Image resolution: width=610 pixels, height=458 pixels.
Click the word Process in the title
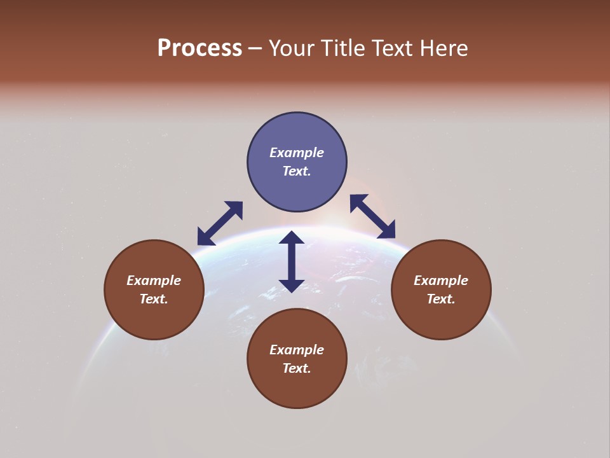tap(200, 48)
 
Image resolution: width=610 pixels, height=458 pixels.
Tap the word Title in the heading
tap(344, 48)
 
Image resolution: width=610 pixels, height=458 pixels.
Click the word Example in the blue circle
tap(297, 153)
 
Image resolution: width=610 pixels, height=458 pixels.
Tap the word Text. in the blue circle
tap(297, 171)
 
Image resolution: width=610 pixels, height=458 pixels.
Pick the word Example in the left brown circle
tap(154, 281)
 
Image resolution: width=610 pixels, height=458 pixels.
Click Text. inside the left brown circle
tap(154, 299)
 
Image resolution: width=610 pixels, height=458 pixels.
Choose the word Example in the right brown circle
tap(441, 281)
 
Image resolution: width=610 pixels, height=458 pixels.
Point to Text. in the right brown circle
tap(441, 299)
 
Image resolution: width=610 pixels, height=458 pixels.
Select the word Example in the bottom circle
tap(297, 350)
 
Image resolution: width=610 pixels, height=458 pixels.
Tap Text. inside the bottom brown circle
tap(297, 368)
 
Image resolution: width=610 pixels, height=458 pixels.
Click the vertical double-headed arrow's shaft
tap(292, 261)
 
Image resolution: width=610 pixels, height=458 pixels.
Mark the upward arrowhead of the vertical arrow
tap(292, 238)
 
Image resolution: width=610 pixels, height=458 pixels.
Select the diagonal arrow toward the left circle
tap(220, 223)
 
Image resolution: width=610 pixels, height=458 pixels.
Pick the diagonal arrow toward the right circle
tap(372, 216)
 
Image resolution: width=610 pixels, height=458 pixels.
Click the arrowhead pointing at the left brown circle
tap(205, 237)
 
